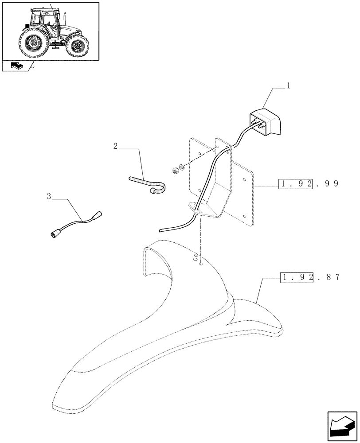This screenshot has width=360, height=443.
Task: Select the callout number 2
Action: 116,146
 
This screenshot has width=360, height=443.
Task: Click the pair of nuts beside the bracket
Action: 177,169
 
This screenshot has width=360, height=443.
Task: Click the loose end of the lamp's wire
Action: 162,230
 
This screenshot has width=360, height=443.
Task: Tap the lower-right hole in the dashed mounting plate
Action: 245,216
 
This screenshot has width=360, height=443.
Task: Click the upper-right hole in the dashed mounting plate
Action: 245,180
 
